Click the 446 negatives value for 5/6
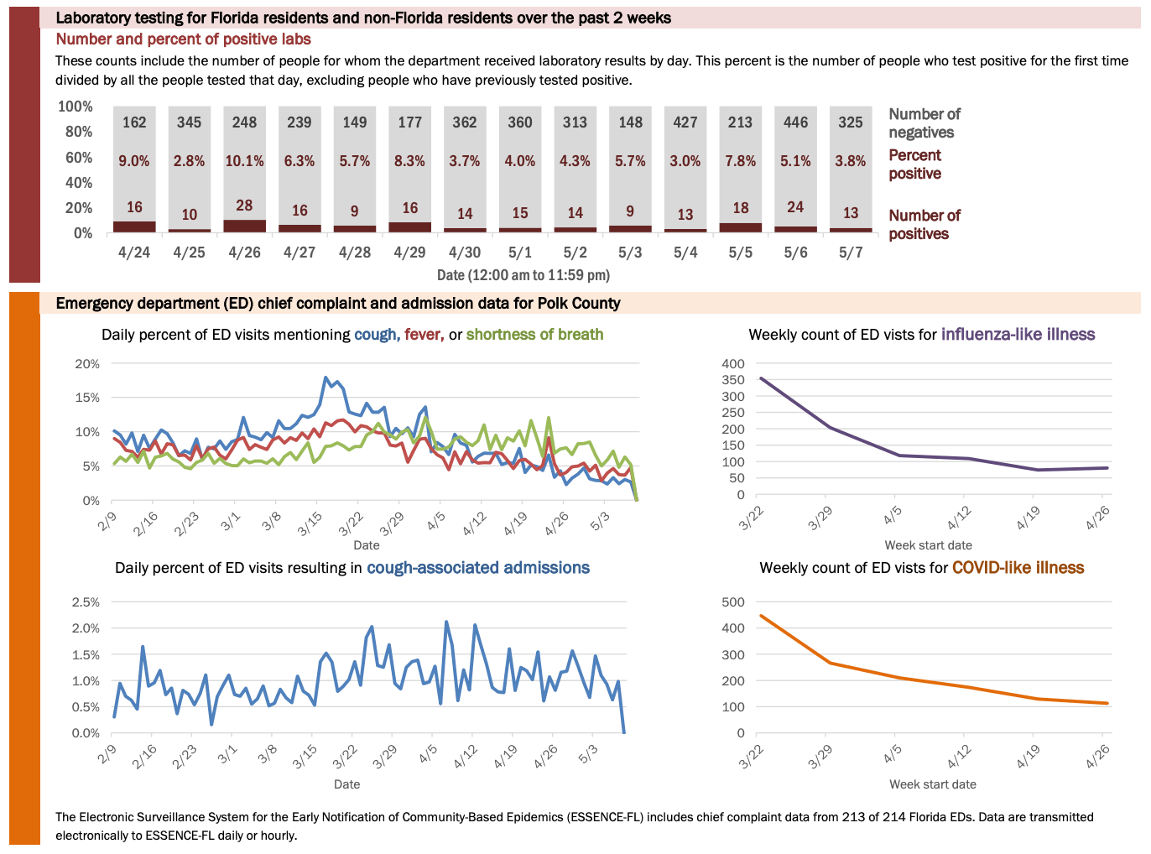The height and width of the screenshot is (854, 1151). [x=795, y=122]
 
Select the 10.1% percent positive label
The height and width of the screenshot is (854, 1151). [x=244, y=161]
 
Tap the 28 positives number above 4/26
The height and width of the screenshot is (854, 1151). [x=244, y=206]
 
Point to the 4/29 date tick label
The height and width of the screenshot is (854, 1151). [x=409, y=253]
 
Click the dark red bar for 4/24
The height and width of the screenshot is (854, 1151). [x=134, y=227]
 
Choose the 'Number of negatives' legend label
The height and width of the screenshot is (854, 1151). [x=924, y=123]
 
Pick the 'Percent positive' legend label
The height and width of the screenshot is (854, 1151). [x=914, y=164]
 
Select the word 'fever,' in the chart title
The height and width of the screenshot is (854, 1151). [x=424, y=335]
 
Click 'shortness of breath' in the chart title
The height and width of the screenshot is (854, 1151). [x=534, y=335]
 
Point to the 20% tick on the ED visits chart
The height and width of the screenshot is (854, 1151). [x=87, y=364]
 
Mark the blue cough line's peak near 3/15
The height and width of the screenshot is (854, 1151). [x=326, y=378]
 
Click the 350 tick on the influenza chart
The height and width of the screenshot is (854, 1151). [x=732, y=380]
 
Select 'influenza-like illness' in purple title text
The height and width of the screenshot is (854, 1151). [x=1018, y=335]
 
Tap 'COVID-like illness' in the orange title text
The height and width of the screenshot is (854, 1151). [x=1018, y=568]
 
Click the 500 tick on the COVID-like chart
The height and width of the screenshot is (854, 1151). [x=732, y=602]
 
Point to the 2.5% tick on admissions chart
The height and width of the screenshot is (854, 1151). [x=86, y=602]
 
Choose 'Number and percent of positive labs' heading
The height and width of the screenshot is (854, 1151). [x=183, y=39]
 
